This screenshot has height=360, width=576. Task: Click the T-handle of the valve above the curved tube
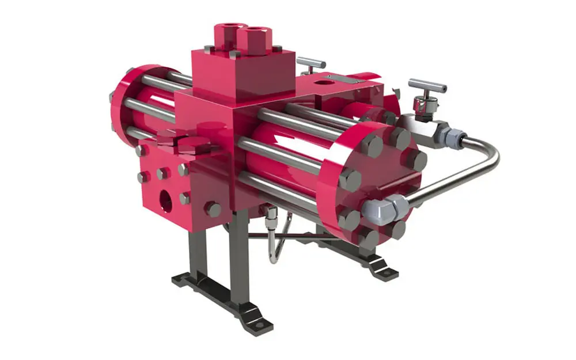(427, 86)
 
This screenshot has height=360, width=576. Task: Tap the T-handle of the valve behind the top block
(312, 61)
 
